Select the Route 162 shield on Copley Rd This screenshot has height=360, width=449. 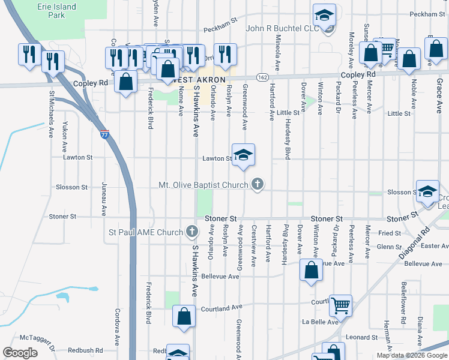point(262,77)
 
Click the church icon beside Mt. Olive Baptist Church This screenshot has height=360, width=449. point(258,184)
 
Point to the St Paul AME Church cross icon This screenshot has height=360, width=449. point(191,232)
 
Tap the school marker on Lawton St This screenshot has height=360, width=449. point(243,155)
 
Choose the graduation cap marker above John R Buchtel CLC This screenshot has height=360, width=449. point(324,15)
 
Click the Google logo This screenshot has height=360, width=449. point(20,353)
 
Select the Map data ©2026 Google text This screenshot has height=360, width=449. point(412,355)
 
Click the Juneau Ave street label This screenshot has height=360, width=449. point(103,199)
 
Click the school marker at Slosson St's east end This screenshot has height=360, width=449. point(427,191)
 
